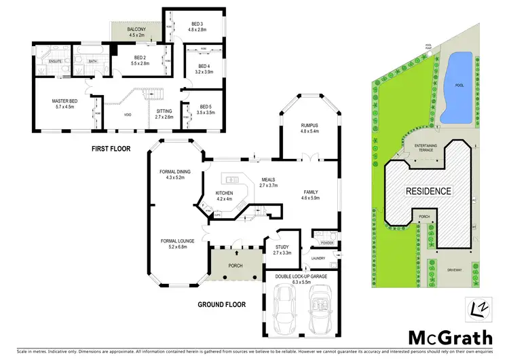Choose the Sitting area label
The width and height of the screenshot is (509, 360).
click(x=164, y=111)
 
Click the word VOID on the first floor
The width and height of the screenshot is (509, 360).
click(x=127, y=115)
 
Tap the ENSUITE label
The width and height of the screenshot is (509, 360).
click(x=56, y=61)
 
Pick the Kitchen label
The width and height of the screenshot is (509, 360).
click(x=224, y=194)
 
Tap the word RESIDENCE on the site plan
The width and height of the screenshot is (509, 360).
click(x=428, y=191)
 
